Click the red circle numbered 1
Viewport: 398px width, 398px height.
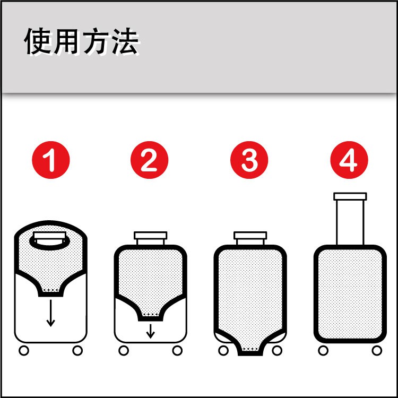[x=51, y=160]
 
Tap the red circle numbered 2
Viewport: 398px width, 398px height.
[x=149, y=160]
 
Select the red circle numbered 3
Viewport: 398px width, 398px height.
[x=249, y=160]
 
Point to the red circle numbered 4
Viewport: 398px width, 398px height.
[x=349, y=160]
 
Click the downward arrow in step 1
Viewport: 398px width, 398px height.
[x=51, y=313]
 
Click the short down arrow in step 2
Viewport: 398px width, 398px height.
[x=151, y=331]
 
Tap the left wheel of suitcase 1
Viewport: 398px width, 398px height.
[x=24, y=351]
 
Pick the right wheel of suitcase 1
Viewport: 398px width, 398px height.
[x=77, y=351]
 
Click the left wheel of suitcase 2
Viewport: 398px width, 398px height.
[x=124, y=351]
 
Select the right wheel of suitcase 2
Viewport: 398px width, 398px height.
[x=177, y=351]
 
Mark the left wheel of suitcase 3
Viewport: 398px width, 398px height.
[x=223, y=351]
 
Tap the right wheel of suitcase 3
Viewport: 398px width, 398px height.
[x=277, y=351]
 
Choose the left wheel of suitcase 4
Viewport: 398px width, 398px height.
[x=323, y=351]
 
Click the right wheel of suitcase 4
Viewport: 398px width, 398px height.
[x=377, y=351]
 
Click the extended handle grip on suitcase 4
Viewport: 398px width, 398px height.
[x=350, y=196]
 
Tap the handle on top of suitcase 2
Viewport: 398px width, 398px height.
[x=151, y=236]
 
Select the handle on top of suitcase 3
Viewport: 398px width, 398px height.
[x=250, y=236]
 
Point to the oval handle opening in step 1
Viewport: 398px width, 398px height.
[x=49, y=247]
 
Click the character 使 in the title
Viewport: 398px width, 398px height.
[x=39, y=41]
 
